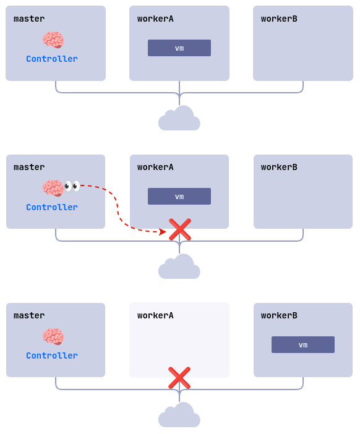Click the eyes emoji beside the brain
coord(72,185)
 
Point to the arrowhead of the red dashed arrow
coord(162,232)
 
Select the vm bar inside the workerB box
coord(303,345)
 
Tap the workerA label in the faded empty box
coord(155,316)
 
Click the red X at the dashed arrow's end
coord(180,229)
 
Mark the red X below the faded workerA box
coord(179,378)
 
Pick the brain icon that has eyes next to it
coord(53,188)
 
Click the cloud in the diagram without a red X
coord(179,119)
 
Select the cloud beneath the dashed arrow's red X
coord(179,267)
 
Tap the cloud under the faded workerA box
coord(179,415)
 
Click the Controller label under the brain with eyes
coord(52,208)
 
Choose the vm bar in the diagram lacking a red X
coord(179,48)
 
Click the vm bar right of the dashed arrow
coord(179,197)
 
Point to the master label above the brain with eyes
coord(29,168)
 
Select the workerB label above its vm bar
coord(279,316)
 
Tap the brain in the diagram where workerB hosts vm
coord(53,337)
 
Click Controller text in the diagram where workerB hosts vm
coord(52,356)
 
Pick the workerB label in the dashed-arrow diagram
coord(279,168)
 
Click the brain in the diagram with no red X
coord(53,40)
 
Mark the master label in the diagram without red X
coord(29,19)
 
